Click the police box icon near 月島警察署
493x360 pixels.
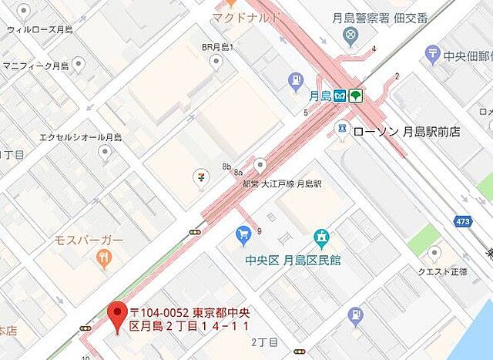[351, 35]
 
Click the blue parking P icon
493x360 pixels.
[295, 79]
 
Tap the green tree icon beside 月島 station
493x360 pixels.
[355, 96]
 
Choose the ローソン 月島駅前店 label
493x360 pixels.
[406, 132]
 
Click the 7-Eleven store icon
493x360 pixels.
[201, 177]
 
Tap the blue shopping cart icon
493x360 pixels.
[244, 233]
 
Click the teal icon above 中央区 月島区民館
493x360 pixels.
[321, 239]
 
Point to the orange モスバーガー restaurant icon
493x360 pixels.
[103, 260]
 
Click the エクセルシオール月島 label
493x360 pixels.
[81, 138]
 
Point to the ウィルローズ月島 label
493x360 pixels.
[40, 29]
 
